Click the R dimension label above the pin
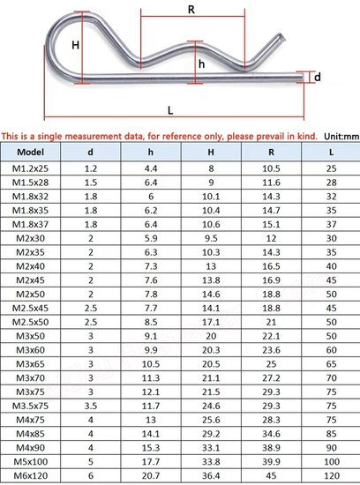pyautogui.click(x=191, y=10)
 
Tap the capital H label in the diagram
pyautogui.click(x=75, y=46)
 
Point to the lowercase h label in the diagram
pyautogui.click(x=201, y=63)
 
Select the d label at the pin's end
pyautogui.click(x=318, y=77)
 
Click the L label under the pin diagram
pyautogui.click(x=170, y=110)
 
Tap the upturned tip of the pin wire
pyautogui.click(x=281, y=36)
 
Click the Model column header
pyautogui.click(x=30, y=152)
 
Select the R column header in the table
pyautogui.click(x=271, y=152)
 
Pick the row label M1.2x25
pyautogui.click(x=30, y=168)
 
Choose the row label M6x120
pyautogui.click(x=30, y=475)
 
